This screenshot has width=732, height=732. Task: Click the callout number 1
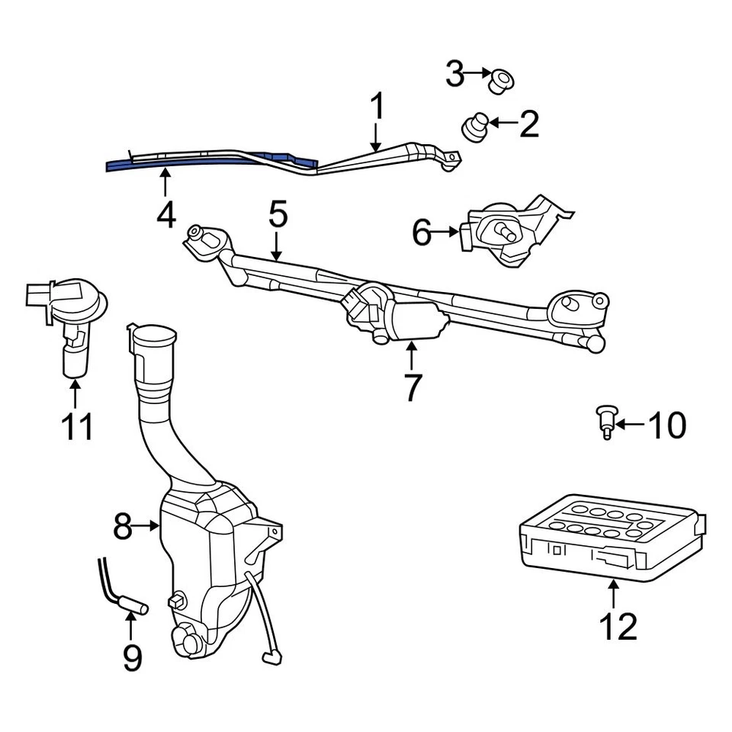[377, 109]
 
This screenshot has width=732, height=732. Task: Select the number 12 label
[617, 626]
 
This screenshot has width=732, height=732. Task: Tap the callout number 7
[412, 387]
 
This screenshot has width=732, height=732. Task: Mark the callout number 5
[278, 216]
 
